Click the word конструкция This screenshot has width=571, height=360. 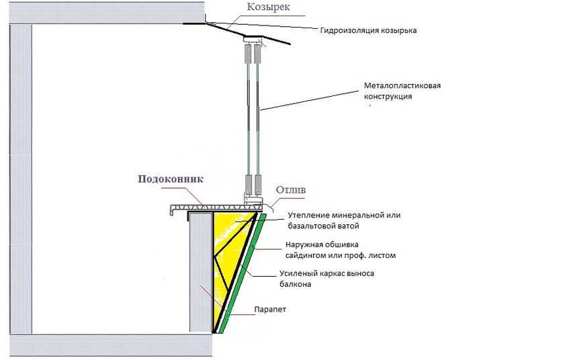click(388, 96)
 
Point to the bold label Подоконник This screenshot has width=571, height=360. click(170, 180)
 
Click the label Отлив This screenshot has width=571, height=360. click(291, 190)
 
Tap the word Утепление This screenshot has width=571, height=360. click(310, 215)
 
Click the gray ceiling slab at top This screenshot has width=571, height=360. click(101, 11)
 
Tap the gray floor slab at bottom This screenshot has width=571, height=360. click(107, 345)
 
